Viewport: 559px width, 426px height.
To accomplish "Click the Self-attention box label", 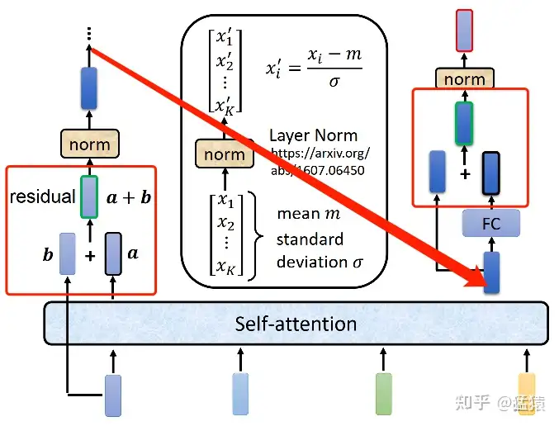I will [x=296, y=323].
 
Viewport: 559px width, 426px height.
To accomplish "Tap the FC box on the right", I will [x=490, y=222].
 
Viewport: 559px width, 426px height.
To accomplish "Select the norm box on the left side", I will [x=89, y=145].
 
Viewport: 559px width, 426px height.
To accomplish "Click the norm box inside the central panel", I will [x=224, y=154].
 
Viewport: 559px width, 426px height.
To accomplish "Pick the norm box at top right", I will [x=464, y=79].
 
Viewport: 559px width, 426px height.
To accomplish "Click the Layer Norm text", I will [x=313, y=135].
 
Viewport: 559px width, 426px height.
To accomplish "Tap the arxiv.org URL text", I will [x=320, y=161].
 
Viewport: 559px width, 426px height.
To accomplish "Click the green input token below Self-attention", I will [x=383, y=394].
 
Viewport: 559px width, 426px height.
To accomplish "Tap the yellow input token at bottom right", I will [x=526, y=393].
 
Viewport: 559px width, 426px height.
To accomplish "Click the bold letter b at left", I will [x=48, y=255].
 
